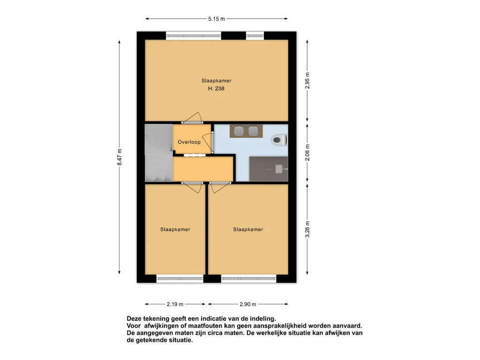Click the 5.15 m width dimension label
pyautogui.click(x=217, y=19)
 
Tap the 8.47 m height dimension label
pyautogui.click(x=120, y=157)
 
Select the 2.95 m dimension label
pyautogui.click(x=307, y=81)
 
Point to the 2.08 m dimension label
pyautogui.click(x=307, y=152)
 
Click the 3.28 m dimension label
pyautogui.click(x=307, y=229)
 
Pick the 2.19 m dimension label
pyautogui.click(x=175, y=304)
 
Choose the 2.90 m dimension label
pyautogui.click(x=248, y=304)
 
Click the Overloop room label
pyautogui.click(x=189, y=142)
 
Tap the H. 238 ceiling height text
pyautogui.click(x=216, y=89)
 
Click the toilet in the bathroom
pyautogui.click(x=279, y=140)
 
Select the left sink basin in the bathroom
pyautogui.click(x=239, y=131)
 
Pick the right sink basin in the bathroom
pyautogui.click(x=253, y=131)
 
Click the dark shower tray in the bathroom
pyautogui.click(x=269, y=169)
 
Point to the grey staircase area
pyautogui.click(x=159, y=153)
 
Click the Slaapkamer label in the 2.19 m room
pyautogui.click(x=175, y=229)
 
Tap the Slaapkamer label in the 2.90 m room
pyautogui.click(x=248, y=229)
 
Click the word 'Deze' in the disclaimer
pyautogui.click(x=134, y=319)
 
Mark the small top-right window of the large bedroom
pyautogui.click(x=255, y=36)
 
